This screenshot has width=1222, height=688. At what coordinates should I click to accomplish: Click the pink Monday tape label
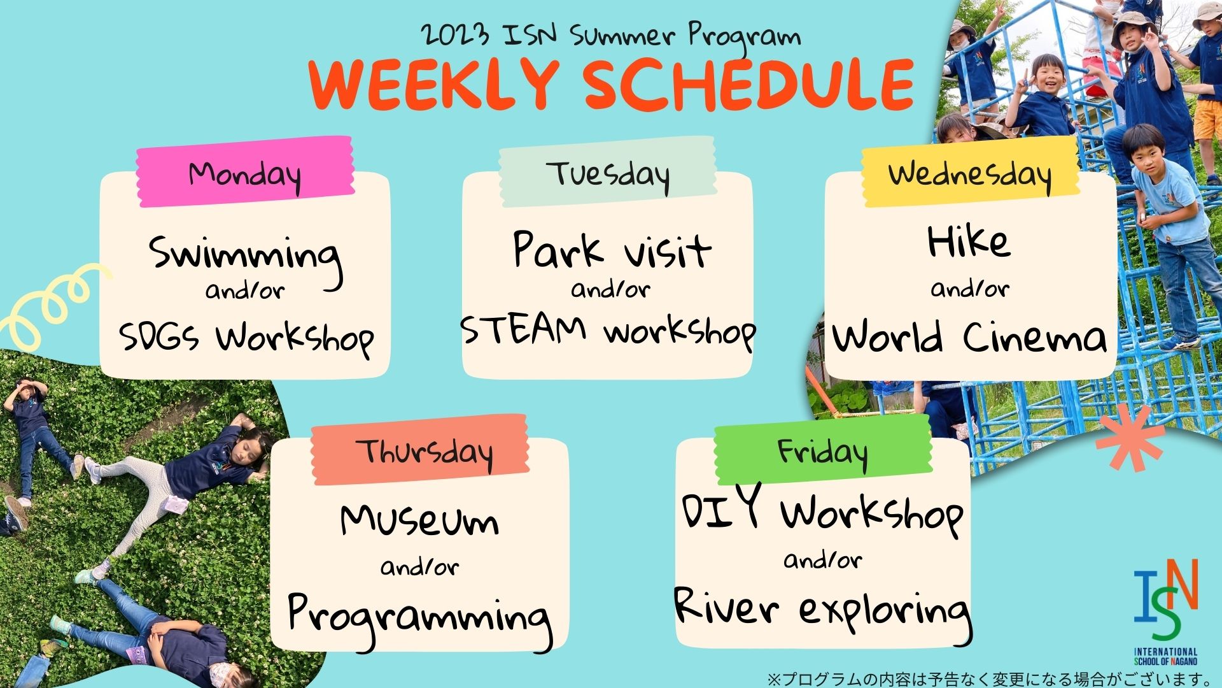(x=246, y=172)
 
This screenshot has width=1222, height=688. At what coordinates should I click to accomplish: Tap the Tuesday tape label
(x=608, y=172)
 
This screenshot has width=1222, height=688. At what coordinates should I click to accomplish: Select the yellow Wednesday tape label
(x=970, y=172)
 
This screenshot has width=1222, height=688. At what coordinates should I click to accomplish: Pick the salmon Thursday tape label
(x=420, y=450)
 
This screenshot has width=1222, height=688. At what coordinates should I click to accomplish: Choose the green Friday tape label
(x=823, y=450)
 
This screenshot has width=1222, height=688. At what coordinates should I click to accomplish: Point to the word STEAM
(x=523, y=329)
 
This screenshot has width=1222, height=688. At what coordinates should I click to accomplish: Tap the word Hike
(x=969, y=241)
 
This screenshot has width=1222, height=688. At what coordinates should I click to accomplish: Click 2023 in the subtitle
(x=456, y=34)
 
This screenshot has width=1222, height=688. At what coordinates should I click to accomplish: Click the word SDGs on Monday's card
(x=158, y=336)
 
